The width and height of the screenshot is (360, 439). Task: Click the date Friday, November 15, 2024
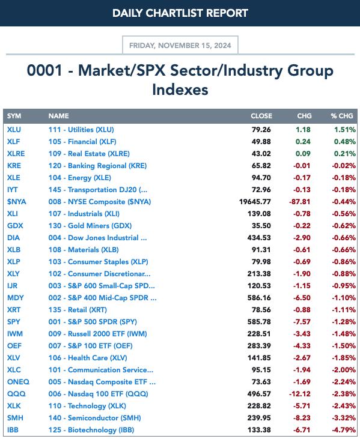click(x=180, y=46)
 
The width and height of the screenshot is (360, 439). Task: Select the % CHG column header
click(x=342, y=116)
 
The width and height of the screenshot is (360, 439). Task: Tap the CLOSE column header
click(x=261, y=116)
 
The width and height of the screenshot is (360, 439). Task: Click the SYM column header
click(x=14, y=116)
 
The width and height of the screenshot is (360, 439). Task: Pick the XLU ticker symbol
click(x=14, y=130)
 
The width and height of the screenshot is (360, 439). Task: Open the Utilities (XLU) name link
click(x=81, y=130)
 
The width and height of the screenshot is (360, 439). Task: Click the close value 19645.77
click(x=255, y=202)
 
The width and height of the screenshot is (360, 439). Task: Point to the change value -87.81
click(x=300, y=202)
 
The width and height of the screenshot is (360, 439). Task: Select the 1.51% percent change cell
click(x=345, y=130)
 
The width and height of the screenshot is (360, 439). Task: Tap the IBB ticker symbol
click(x=13, y=430)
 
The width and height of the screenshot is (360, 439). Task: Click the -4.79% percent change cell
click(x=344, y=430)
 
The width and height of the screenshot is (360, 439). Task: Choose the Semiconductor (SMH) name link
click(x=95, y=418)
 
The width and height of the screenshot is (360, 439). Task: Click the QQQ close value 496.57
click(x=259, y=393)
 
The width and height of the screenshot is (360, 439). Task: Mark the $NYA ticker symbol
click(x=17, y=202)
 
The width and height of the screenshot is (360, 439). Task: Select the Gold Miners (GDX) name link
click(x=90, y=226)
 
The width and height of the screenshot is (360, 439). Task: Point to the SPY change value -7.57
click(x=302, y=322)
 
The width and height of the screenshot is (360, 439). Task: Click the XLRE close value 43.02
click(x=261, y=154)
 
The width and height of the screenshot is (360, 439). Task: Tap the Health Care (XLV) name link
click(x=88, y=358)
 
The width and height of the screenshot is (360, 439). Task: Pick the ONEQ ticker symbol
click(x=18, y=381)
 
